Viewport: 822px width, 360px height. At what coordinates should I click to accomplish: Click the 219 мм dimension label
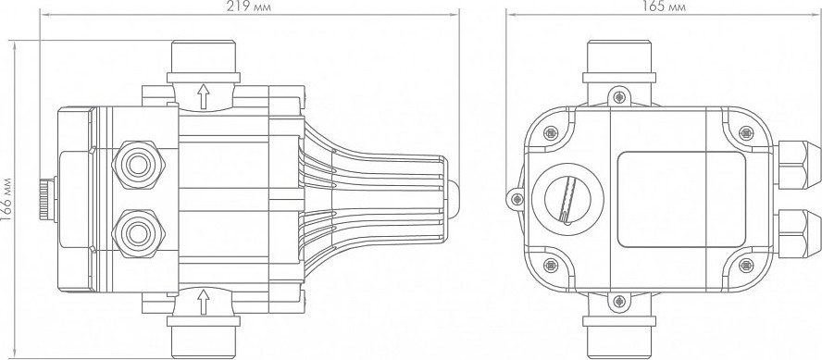click(x=250, y=6)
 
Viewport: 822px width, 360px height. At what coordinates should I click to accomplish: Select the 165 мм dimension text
click(x=664, y=6)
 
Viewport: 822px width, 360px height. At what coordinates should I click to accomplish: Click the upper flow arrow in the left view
click(x=203, y=96)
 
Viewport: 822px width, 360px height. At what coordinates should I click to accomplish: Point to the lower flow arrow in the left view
click(x=203, y=302)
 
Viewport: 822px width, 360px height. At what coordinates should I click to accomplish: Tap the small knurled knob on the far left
click(x=48, y=200)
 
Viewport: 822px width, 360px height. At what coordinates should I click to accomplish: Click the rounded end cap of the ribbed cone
click(x=453, y=199)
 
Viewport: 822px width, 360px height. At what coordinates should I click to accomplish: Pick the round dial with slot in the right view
click(x=567, y=200)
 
